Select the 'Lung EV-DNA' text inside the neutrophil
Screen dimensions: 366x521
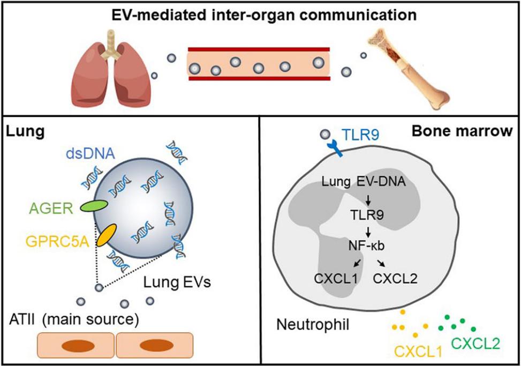click(x=368, y=183)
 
